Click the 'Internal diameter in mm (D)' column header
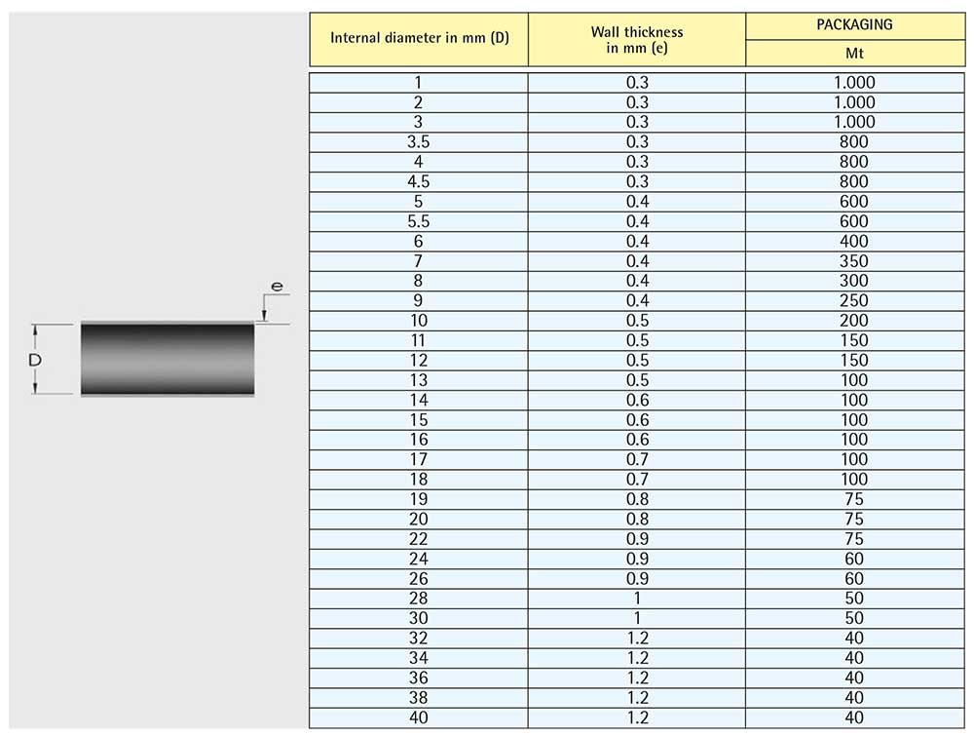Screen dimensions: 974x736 pos(419,38)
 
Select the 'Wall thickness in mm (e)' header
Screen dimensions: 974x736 pos(637,40)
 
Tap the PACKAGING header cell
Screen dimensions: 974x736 pos(854,25)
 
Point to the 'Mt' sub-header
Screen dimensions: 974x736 pos(854,54)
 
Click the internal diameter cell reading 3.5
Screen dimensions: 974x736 pos(418,141)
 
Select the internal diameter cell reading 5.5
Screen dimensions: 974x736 pos(418,221)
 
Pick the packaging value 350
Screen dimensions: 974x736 pos(854,261)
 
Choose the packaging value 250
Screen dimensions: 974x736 pos(854,301)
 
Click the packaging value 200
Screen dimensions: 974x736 pos(854,321)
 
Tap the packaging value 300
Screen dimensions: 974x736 pos(854,281)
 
